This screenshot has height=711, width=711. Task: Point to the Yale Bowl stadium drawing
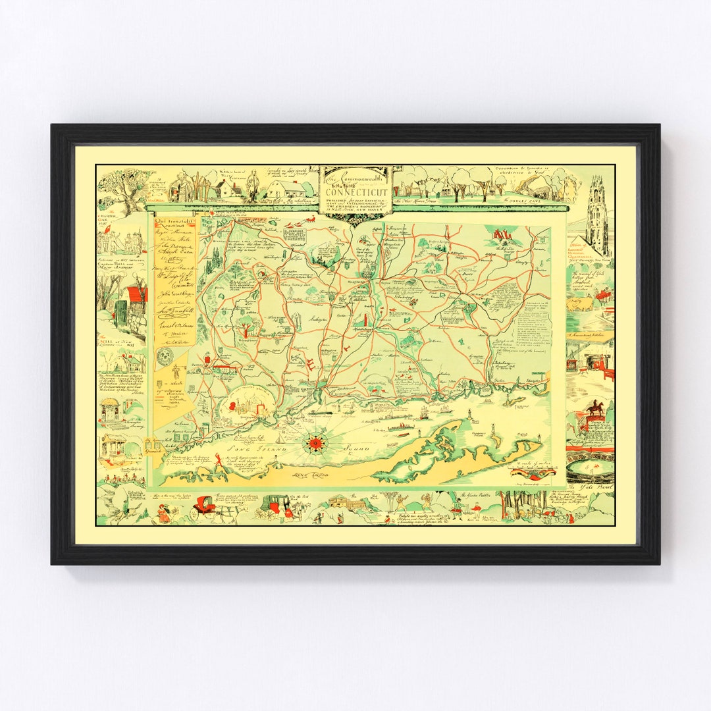[590, 467]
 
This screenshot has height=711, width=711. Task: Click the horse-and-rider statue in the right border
[595, 409]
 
